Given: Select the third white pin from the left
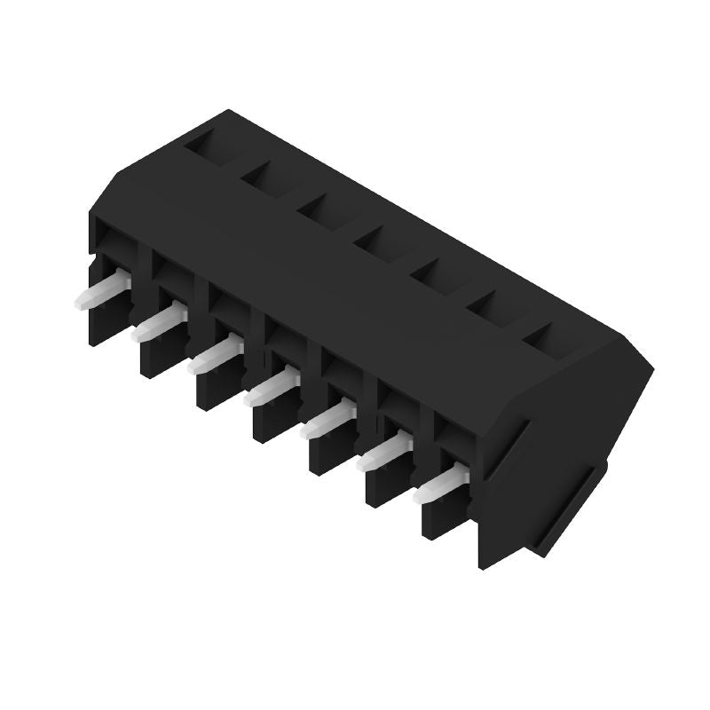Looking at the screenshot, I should (x=214, y=355).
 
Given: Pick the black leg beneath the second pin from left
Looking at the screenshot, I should (x=160, y=355).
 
